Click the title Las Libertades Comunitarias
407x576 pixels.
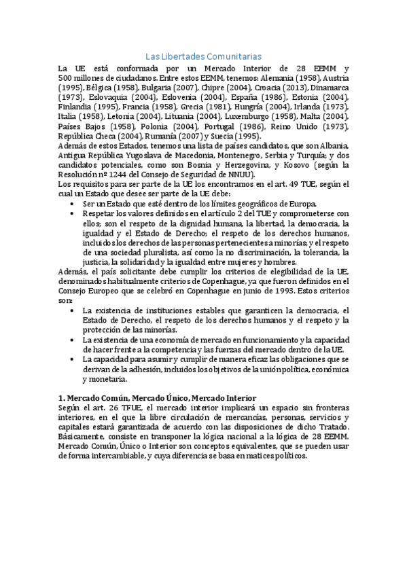pos(204,56)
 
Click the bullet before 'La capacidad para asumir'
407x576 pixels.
pos(73,359)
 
